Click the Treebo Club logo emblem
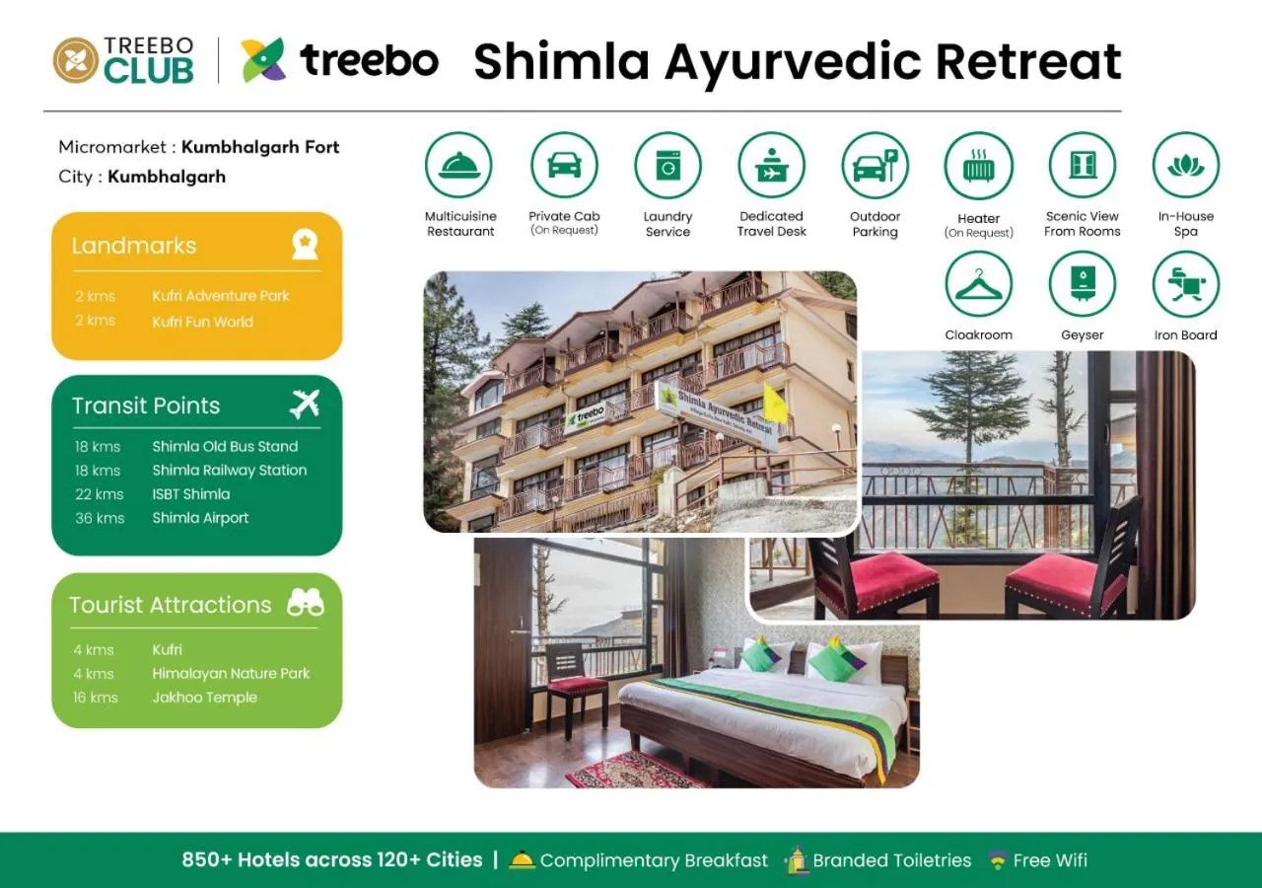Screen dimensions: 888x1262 tap(75, 60)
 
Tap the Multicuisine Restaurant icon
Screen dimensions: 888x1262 tap(459, 166)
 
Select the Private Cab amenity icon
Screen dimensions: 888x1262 tap(564, 166)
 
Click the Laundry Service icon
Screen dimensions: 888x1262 tap(667, 166)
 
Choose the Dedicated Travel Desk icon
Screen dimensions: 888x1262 tap(771, 166)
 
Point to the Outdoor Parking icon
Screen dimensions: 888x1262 tap(875, 166)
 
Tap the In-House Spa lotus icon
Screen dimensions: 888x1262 tap(1185, 166)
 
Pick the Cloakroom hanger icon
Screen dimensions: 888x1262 tap(978, 284)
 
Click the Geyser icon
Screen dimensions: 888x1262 tap(1082, 284)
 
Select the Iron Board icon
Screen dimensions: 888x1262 tap(1185, 284)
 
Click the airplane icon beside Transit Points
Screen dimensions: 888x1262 tap(305, 404)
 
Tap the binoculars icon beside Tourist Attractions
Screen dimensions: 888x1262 tap(305, 603)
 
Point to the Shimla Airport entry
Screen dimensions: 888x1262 tap(200, 518)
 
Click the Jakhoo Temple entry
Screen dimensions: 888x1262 tap(204, 698)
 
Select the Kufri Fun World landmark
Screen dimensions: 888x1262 tap(202, 322)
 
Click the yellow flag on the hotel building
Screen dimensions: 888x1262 tap(775, 404)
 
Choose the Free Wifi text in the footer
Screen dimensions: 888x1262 tap(1049, 860)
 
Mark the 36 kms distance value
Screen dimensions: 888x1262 tap(100, 518)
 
